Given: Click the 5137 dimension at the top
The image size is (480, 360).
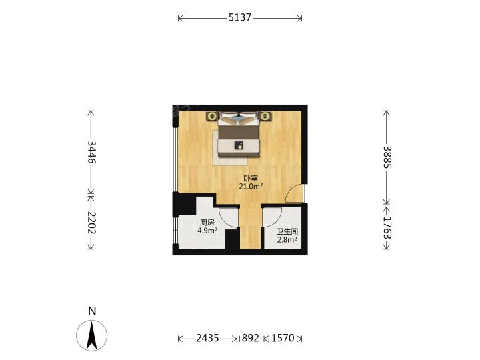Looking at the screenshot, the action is (x=240, y=17).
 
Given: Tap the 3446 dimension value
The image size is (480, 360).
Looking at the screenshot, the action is (x=91, y=152).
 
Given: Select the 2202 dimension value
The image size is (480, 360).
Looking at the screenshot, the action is (x=91, y=223).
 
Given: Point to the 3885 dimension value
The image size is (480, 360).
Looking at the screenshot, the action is (x=387, y=157).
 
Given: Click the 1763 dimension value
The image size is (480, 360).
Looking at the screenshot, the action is (x=387, y=228).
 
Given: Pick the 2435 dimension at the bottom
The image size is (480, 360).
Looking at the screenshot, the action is (x=207, y=338).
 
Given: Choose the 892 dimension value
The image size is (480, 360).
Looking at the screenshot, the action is (x=251, y=338).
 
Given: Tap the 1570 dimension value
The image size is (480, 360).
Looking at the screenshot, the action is (x=283, y=338).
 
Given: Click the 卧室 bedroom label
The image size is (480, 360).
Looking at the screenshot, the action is (x=251, y=178).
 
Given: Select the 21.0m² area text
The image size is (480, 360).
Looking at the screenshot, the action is (x=251, y=186).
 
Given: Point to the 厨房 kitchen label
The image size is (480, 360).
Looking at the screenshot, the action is (x=207, y=223).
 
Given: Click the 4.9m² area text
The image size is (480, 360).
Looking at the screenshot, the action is (x=207, y=231).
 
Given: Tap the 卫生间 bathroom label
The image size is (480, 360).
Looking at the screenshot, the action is (x=287, y=232).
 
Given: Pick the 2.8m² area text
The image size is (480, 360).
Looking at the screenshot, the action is (x=287, y=240).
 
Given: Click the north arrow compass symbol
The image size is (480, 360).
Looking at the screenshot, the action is (x=92, y=336).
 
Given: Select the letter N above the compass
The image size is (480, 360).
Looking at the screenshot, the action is (x=92, y=311).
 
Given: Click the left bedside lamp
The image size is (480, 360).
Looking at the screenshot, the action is (x=212, y=116).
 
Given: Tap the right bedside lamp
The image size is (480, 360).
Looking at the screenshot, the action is (x=265, y=116).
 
